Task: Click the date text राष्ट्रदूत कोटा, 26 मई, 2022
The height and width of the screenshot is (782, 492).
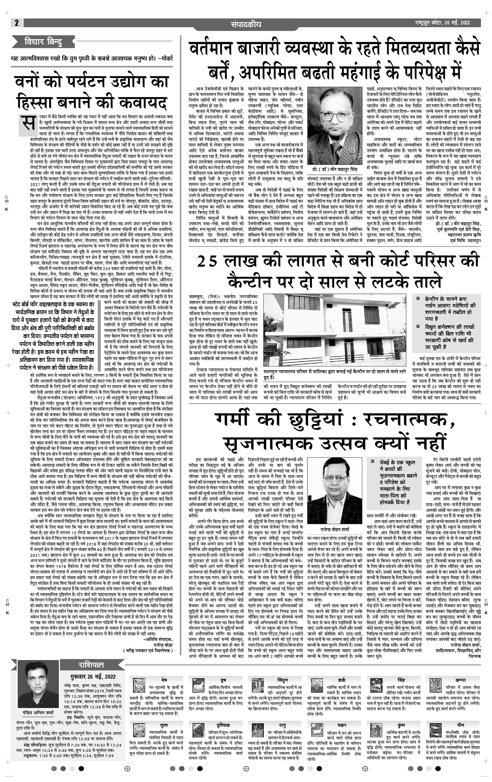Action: click(443, 23)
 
